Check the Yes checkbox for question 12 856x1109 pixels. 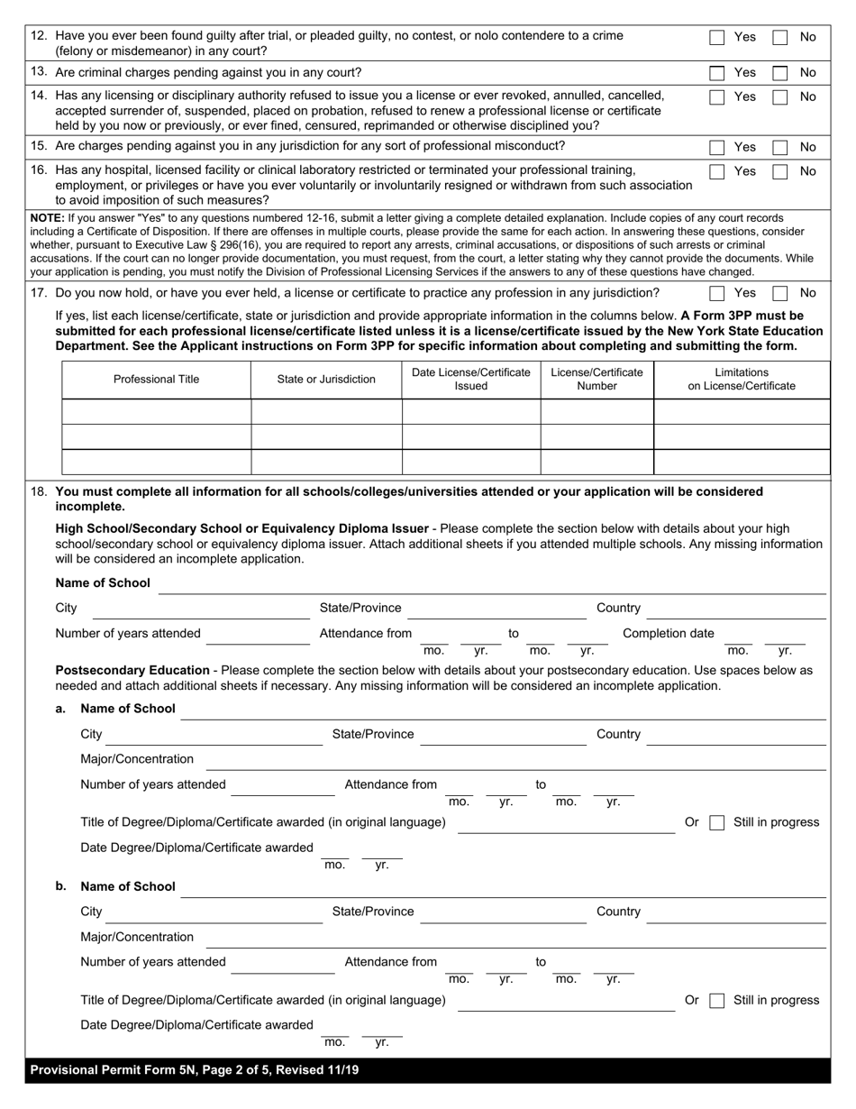coord(716,38)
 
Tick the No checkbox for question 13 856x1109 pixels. coord(780,73)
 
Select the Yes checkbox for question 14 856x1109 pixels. coord(716,97)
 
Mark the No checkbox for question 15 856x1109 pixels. coord(780,147)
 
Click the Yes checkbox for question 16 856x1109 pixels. coord(716,171)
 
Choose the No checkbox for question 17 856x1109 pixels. coord(780,293)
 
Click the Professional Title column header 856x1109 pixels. coord(156,380)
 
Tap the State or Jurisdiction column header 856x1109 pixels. coord(326,380)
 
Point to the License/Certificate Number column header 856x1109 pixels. coord(596,380)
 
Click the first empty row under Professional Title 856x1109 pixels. coord(156,412)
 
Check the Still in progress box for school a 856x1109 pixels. coord(716,823)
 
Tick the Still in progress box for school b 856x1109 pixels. coord(716,1001)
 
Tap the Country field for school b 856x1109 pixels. coord(736,913)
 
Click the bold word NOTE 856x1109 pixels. coord(46,218)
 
